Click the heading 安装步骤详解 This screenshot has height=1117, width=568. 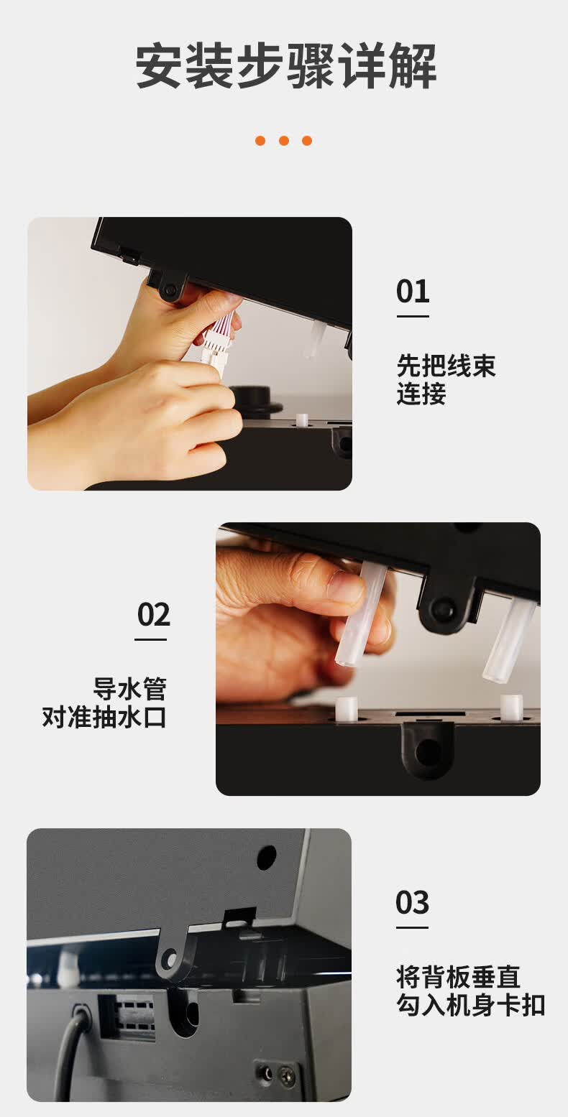click(286, 66)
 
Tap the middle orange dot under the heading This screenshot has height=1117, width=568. click(284, 141)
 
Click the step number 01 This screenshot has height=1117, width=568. click(413, 292)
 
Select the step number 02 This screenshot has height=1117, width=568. click(153, 614)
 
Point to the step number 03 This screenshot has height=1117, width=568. click(412, 902)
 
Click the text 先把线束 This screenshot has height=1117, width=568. click(446, 366)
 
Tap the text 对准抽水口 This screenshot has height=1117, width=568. click(104, 718)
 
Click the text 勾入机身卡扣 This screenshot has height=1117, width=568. click(471, 1005)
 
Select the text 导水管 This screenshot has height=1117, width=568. click(129, 689)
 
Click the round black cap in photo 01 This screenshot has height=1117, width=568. click(256, 399)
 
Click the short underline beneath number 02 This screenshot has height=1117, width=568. click(151, 639)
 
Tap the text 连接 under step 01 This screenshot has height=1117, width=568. click(421, 394)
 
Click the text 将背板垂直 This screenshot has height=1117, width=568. click(458, 976)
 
